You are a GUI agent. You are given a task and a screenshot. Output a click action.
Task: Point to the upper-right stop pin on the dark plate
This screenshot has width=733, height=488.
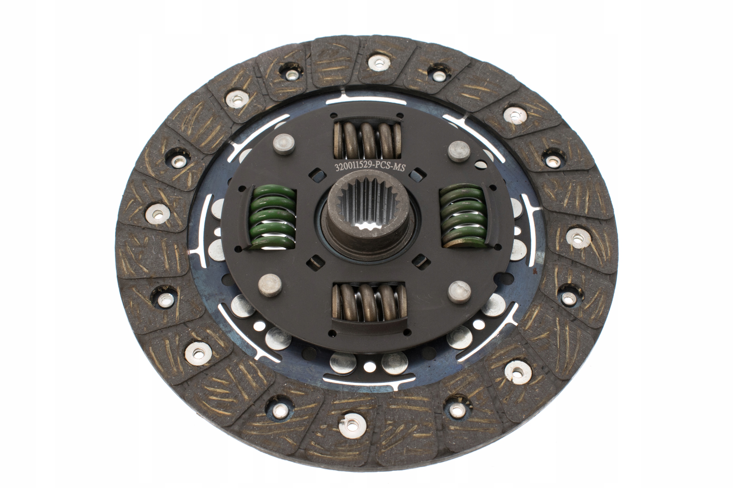click(459, 152)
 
